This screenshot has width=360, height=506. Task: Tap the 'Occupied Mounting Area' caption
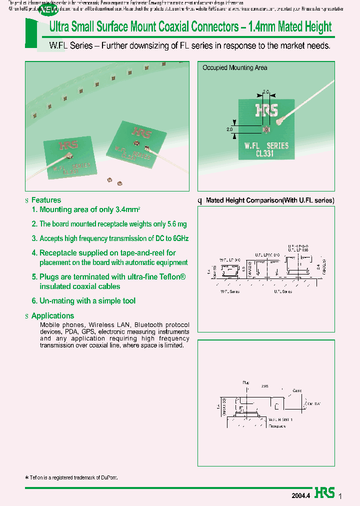234,67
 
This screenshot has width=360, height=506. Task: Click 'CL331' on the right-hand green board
265,154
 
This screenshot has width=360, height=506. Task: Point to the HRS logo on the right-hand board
266,110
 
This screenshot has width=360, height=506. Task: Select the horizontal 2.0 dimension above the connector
266,92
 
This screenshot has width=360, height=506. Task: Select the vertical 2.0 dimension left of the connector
230,129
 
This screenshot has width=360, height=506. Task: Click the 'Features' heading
46,200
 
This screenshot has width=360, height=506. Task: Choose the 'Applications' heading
52,315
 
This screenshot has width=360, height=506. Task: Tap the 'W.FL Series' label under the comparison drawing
230,291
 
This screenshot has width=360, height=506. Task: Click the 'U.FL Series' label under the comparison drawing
296,291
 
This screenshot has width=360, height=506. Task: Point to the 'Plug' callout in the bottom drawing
245,382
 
